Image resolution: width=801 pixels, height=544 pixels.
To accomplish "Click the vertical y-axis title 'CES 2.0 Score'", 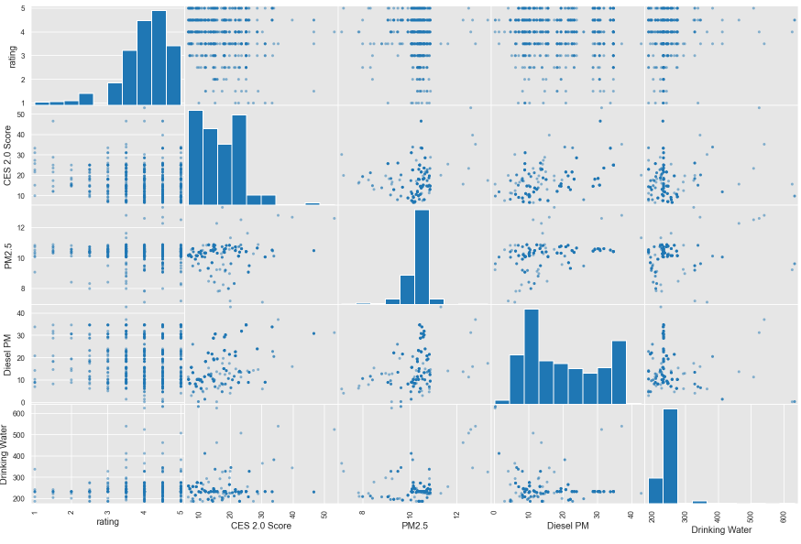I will pos(8,155).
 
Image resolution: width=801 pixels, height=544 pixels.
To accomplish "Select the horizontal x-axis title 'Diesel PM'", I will pos(566,527).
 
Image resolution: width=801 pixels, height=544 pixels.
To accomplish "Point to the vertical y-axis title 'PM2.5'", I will pos(8,255).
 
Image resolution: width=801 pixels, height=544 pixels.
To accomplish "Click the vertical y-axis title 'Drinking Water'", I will pos(8,453).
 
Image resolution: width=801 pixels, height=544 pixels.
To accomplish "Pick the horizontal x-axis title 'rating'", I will pos(106,523).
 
